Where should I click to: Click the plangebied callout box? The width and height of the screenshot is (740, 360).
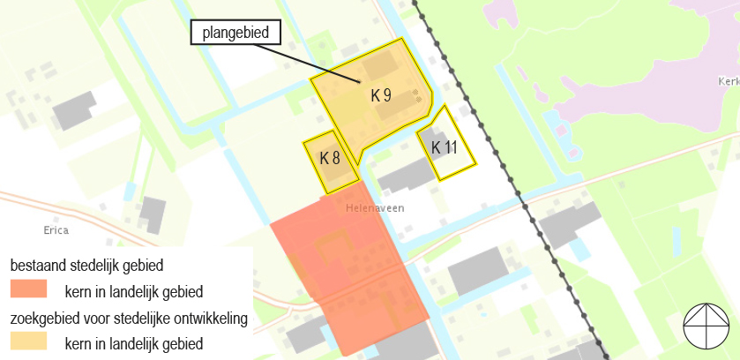point(235,34)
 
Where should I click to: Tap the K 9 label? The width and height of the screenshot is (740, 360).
point(381,95)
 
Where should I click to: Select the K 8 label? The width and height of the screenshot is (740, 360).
point(330,159)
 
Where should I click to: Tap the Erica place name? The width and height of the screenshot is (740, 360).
point(55,230)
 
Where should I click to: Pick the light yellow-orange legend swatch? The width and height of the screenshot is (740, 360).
point(28,341)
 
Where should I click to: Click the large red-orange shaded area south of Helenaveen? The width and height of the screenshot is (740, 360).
point(348,265)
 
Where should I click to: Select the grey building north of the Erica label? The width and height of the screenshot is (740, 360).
point(153,214)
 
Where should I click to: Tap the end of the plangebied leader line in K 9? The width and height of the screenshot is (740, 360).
point(359,83)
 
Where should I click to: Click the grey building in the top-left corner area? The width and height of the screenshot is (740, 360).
point(74,108)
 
